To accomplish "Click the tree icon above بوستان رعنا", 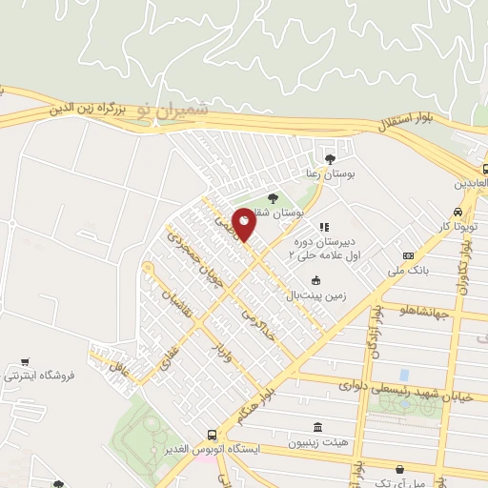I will [x=330, y=159].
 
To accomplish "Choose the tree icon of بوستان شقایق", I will [x=274, y=198].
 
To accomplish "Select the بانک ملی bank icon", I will [x=410, y=255].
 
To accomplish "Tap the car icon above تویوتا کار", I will [x=457, y=212].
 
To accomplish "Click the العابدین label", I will [x=470, y=181].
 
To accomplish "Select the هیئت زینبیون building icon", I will [x=317, y=427].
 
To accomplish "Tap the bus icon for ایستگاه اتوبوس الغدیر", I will [x=213, y=435].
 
